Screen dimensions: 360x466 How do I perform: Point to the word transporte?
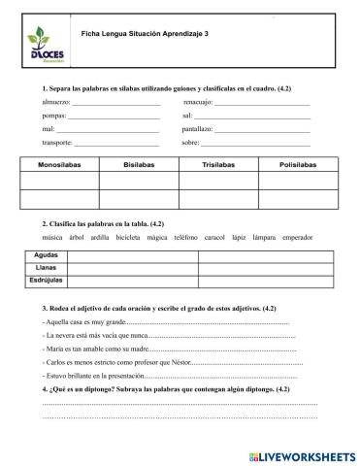click(x=58, y=143)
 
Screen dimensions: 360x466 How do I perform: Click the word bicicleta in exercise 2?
click(x=130, y=236)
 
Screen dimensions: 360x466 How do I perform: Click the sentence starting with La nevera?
click(x=96, y=334)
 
